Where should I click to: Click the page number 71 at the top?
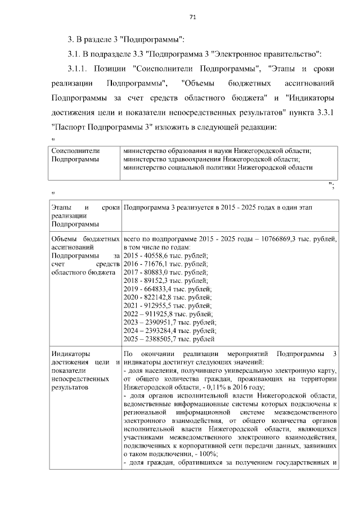192,17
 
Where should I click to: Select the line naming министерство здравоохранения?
205,159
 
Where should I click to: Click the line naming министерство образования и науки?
217,151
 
